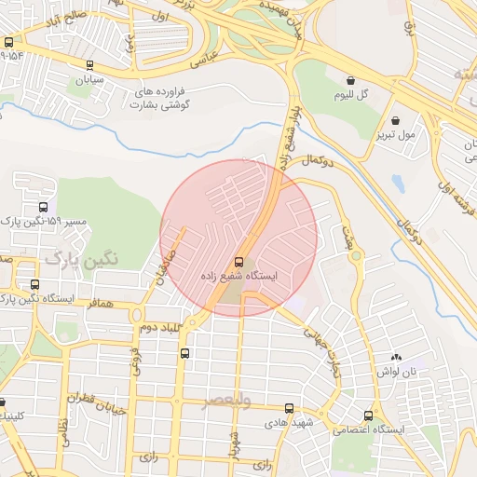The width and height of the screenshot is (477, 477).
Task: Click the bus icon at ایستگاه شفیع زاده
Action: click(239, 261)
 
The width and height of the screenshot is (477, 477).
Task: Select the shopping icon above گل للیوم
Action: click(350, 81)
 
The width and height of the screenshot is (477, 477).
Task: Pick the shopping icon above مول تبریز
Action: click(397, 120)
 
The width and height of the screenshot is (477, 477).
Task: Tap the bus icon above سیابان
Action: click(89, 65)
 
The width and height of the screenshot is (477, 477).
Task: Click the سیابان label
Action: click(89, 79)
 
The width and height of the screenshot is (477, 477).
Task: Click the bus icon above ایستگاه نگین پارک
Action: click(34, 284)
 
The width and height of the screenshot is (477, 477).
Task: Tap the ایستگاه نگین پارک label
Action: click(38, 299)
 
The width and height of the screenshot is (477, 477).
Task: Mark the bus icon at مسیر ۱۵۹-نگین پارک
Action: click(43, 208)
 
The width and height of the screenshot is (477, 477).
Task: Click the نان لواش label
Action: click(396, 372)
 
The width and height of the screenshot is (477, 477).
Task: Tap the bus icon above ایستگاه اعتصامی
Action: click(369, 416)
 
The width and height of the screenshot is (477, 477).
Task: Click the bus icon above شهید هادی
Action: click(289, 408)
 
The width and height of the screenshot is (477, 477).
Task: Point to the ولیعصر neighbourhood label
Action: click(228, 401)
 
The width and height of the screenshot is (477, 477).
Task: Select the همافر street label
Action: click(101, 304)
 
